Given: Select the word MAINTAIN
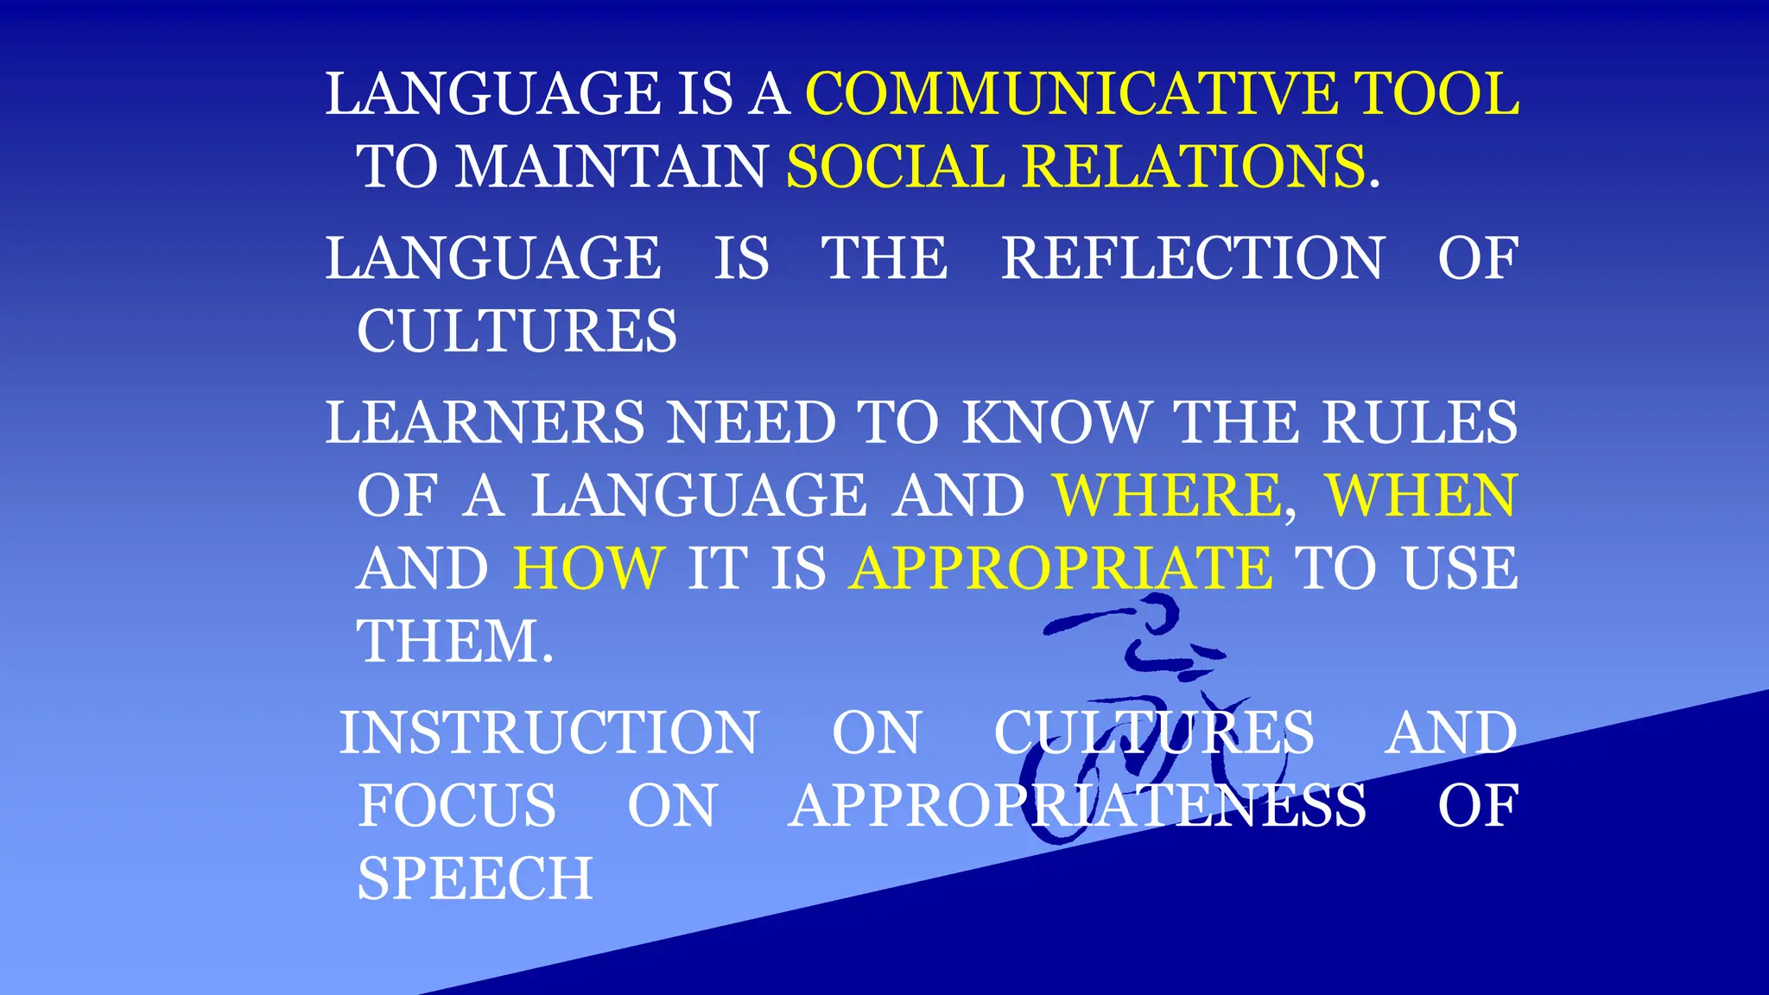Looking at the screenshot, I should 611,166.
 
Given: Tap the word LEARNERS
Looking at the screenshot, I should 485,422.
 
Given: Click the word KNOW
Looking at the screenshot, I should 1056,422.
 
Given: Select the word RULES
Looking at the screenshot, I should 1419,422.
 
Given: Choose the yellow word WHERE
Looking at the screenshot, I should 1168,496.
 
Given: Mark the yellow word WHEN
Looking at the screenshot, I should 1421,496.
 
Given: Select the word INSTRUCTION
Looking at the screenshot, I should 549,732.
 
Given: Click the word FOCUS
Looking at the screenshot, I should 457,806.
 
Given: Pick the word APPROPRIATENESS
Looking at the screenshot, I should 1077,806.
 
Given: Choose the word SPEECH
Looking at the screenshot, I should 475,878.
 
